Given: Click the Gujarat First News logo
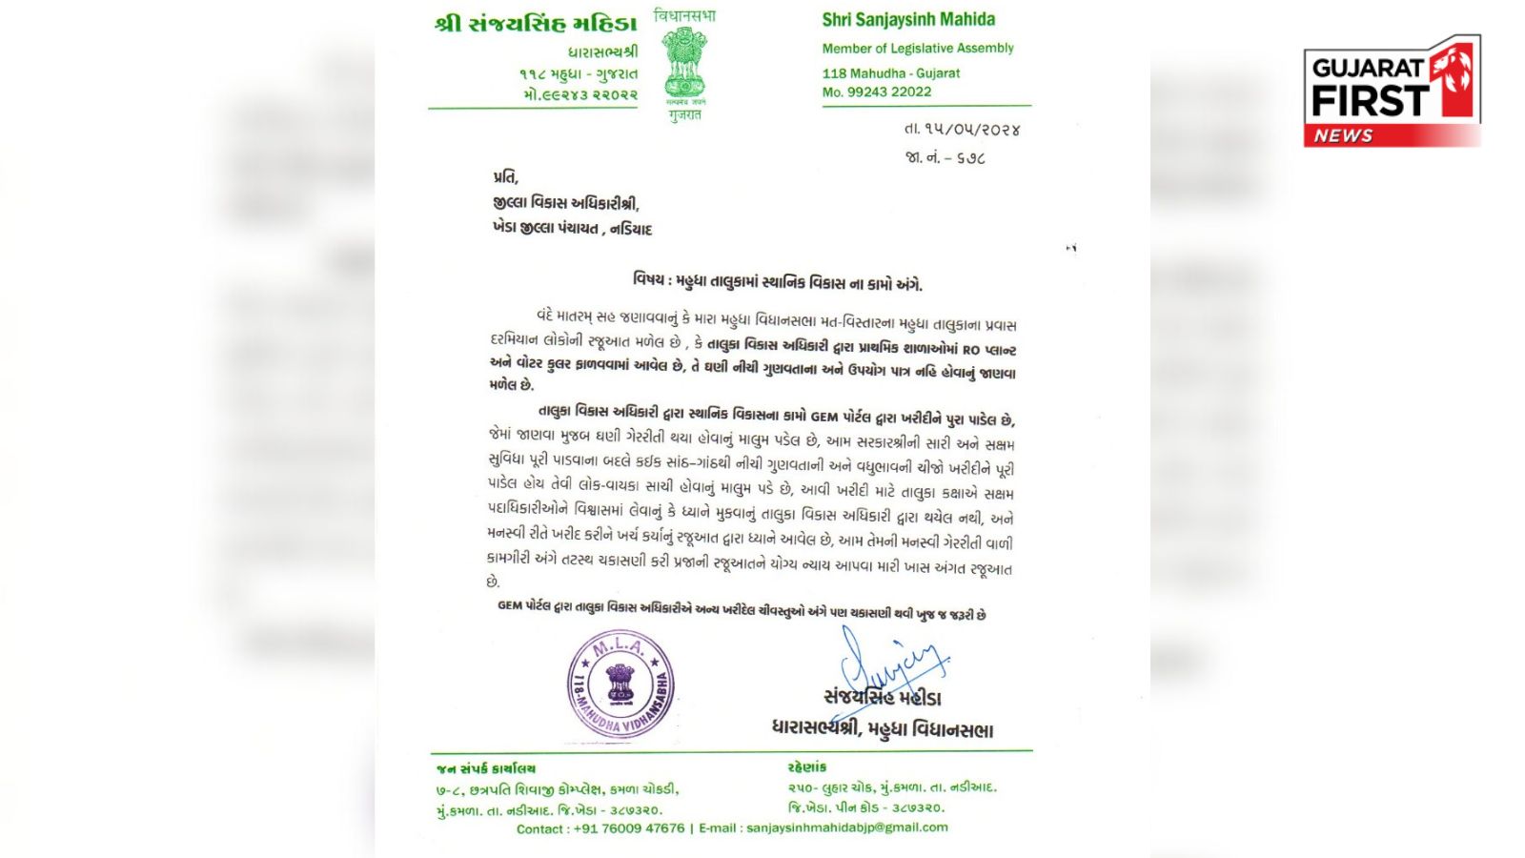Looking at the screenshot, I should [x=1392, y=92].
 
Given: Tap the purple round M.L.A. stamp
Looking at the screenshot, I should [x=621, y=684].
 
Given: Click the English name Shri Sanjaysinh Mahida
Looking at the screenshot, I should [x=908, y=20].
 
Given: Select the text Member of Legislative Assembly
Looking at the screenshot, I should [x=918, y=48].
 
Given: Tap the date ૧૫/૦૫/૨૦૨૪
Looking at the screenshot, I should [x=962, y=130].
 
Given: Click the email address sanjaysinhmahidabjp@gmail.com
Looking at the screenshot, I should [x=846, y=827].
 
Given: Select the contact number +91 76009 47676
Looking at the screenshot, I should [x=629, y=828].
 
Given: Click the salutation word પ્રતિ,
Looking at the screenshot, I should [x=506, y=177].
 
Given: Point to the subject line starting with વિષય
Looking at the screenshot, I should [x=777, y=282].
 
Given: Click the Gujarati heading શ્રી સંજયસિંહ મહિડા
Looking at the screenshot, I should [x=536, y=25].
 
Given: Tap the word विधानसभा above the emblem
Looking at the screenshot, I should [x=684, y=16].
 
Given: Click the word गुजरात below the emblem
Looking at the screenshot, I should [x=684, y=115].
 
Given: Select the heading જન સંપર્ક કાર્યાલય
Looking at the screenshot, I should [x=486, y=768].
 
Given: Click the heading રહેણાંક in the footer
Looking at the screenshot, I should [x=807, y=767].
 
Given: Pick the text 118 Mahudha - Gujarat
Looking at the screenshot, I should [x=891, y=73].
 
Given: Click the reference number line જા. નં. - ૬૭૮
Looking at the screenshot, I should [x=945, y=158].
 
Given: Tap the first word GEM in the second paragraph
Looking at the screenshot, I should [x=823, y=418].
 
